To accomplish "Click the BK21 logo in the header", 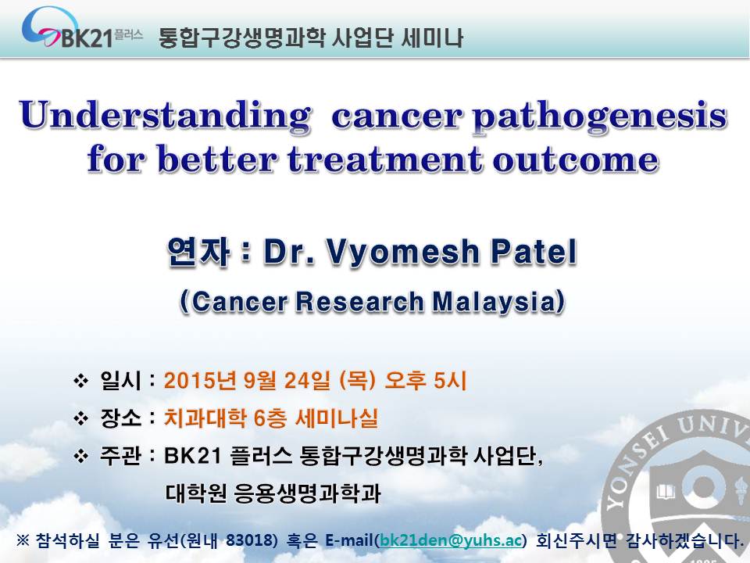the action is point(82,29).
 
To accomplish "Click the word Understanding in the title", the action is point(165,116).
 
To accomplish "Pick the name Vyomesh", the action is point(402,253).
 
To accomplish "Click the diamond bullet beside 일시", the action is point(80,382).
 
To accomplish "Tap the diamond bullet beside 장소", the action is point(80,419).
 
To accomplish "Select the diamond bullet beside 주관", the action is point(80,456).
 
